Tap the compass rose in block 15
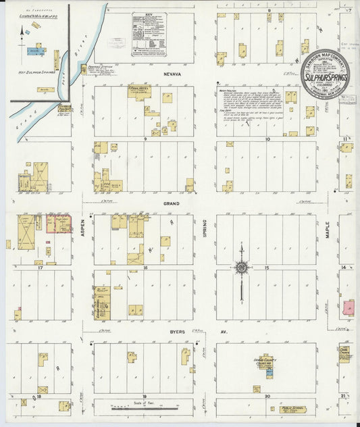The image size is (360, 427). (x=241, y=268)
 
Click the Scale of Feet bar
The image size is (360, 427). (x=144, y=407)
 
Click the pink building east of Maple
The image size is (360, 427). (x=349, y=308)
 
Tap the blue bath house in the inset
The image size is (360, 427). (x=32, y=51)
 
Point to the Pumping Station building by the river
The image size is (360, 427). (x=84, y=69)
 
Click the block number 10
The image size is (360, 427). (x=267, y=139)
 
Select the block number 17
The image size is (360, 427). (x=41, y=268)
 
